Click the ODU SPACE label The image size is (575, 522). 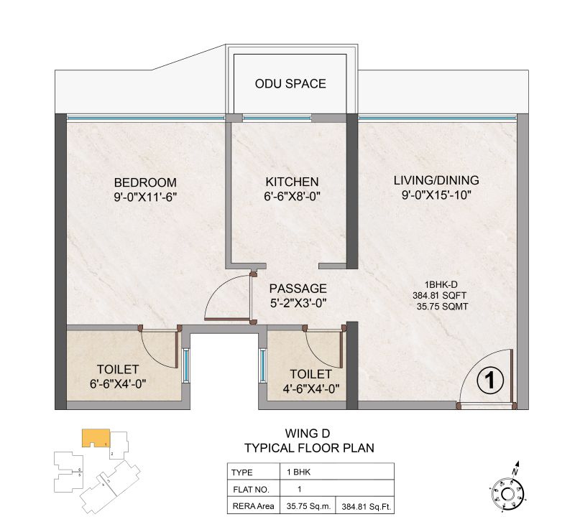pos(290,84)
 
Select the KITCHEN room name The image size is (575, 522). pos(291,182)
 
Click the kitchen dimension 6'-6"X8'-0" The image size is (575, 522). pos(291,196)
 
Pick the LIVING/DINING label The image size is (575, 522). pos(436,180)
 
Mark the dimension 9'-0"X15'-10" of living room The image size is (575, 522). pos(436,195)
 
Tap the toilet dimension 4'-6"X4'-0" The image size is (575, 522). pos(310,388)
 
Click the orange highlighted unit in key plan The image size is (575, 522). pos(95,437)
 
